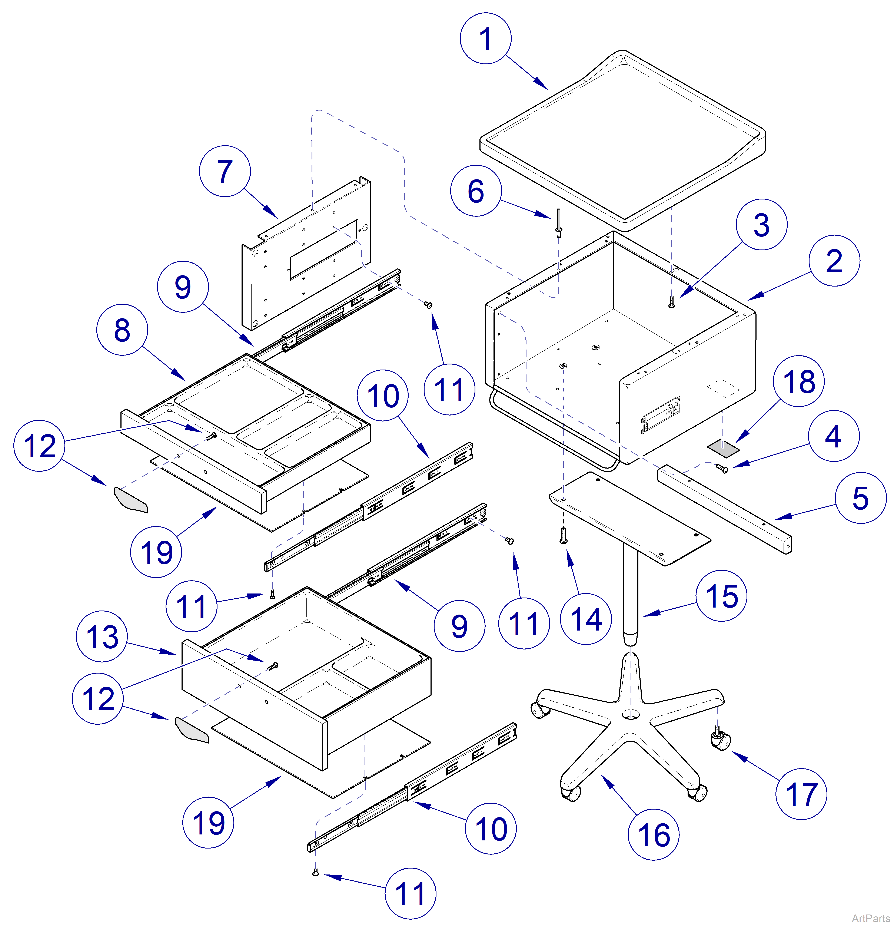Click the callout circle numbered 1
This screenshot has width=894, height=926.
(485, 38)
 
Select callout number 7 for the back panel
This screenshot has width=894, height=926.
(225, 171)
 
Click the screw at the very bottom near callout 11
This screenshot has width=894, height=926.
(315, 873)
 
